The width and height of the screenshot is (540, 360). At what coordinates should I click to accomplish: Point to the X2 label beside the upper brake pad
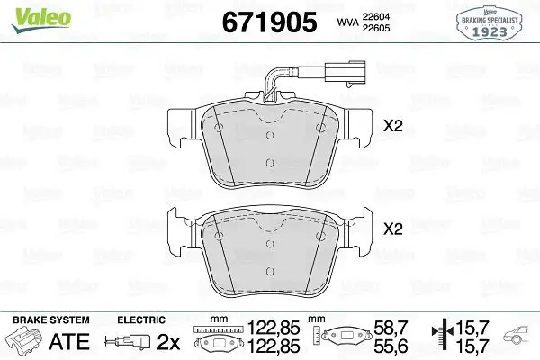point(393,128)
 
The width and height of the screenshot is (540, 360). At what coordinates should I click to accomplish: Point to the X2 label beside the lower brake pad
point(393,230)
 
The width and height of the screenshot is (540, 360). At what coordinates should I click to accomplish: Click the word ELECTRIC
point(141,320)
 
